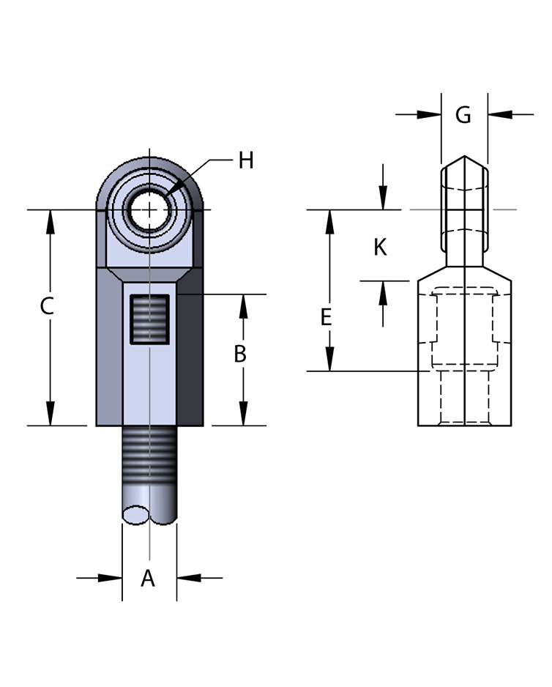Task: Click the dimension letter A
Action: (148, 579)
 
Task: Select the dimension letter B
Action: (240, 354)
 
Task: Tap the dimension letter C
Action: (47, 306)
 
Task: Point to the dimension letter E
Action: (326, 317)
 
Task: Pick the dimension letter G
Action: (463, 115)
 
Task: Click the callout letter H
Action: (246, 160)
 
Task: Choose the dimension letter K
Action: (380, 247)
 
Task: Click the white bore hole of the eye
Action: (149, 209)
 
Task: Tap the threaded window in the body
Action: (149, 319)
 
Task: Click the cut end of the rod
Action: (136, 514)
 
